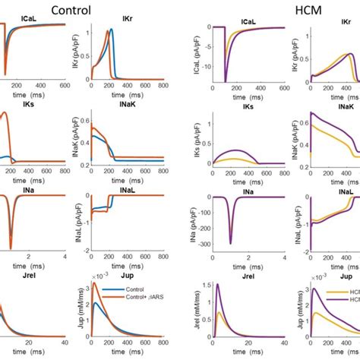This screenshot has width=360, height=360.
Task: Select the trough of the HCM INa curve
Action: [x=229, y=244]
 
